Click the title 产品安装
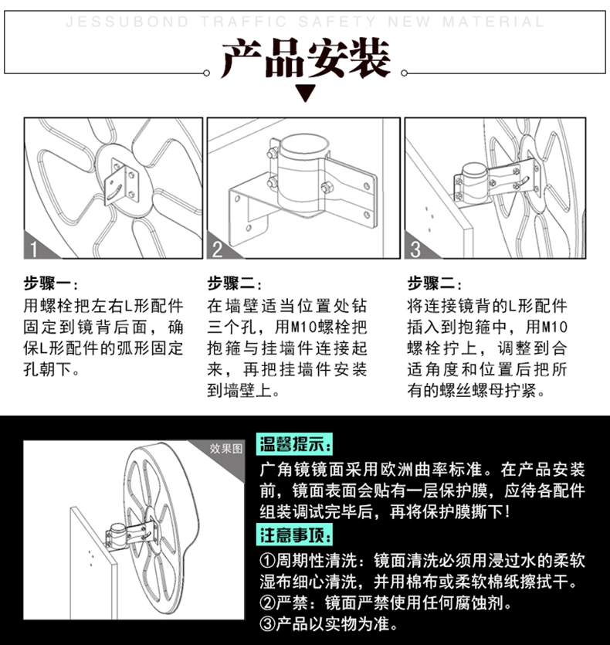coord(305,59)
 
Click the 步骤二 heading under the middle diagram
coord(234,283)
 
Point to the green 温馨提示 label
coord(295,445)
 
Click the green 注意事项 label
coord(295,535)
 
